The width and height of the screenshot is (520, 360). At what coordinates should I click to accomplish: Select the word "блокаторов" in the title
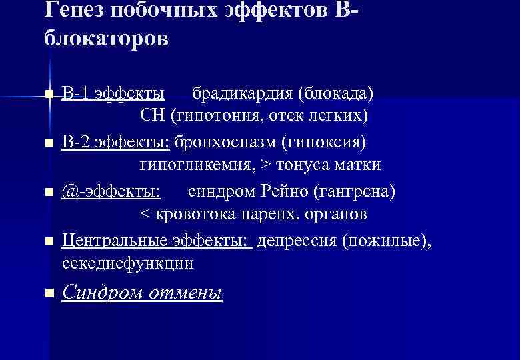pos(106,39)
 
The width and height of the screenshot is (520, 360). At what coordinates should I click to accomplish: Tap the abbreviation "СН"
pos(153,117)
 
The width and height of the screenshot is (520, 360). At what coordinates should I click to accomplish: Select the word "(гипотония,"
pos(217,117)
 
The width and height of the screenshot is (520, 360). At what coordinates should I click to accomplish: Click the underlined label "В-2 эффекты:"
pos(117,142)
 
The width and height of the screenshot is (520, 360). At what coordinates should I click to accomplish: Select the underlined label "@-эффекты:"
pos(111,191)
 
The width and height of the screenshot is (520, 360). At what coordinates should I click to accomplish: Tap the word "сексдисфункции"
pos(128,264)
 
